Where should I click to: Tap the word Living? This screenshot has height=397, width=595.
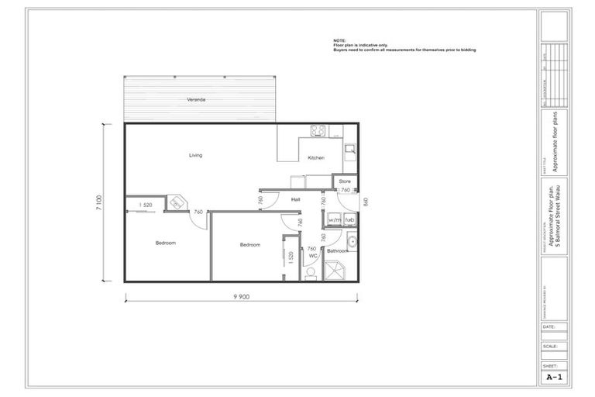[195, 155]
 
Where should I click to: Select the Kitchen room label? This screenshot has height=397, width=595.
[315, 158]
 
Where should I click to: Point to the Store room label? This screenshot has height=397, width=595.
[344, 181]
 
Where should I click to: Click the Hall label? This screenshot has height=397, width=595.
[296, 200]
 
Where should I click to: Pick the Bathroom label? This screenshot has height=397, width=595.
[338, 251]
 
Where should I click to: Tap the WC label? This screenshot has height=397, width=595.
[314, 256]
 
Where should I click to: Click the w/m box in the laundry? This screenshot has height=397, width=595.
[335, 220]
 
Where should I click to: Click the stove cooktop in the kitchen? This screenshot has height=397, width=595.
[317, 130]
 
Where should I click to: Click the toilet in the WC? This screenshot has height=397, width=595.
[311, 272]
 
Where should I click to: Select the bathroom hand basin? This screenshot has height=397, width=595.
[351, 242]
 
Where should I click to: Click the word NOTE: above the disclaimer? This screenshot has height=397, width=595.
[340, 40]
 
